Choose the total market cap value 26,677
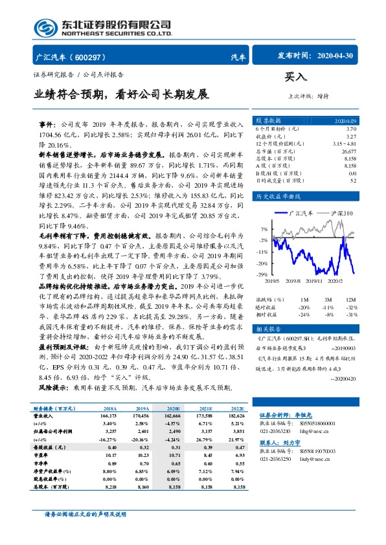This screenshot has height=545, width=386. coord(348,150)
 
